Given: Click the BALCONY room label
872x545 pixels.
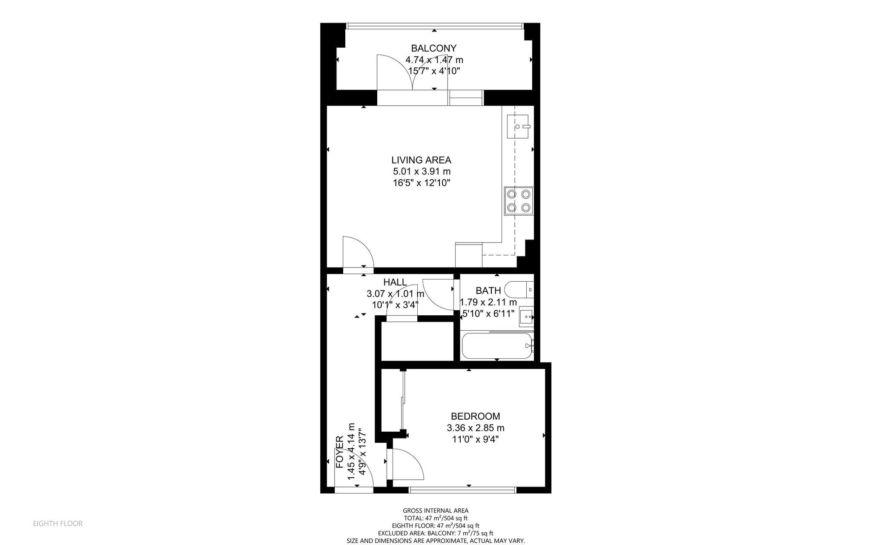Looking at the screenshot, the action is [x=433, y=48].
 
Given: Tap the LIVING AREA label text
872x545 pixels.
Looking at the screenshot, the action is [x=421, y=160].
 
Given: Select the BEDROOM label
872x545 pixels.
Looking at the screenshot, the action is [x=475, y=416].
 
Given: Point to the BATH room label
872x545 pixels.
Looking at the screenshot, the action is [x=488, y=291].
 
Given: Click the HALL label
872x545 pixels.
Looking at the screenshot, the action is [x=395, y=282].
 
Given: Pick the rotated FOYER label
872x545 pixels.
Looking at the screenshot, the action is [x=340, y=452].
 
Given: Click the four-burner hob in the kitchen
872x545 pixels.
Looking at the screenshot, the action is [x=519, y=201].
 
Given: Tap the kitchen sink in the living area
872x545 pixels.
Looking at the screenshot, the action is [x=518, y=127].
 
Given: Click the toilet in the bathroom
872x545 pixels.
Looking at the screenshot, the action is [x=519, y=290].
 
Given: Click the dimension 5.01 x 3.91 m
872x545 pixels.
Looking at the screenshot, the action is [x=422, y=172].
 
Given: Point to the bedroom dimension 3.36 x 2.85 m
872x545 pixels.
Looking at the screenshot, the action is [x=476, y=428].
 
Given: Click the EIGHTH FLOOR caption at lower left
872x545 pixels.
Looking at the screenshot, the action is [x=58, y=524].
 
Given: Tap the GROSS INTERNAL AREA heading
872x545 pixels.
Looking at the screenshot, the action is [x=436, y=510].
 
